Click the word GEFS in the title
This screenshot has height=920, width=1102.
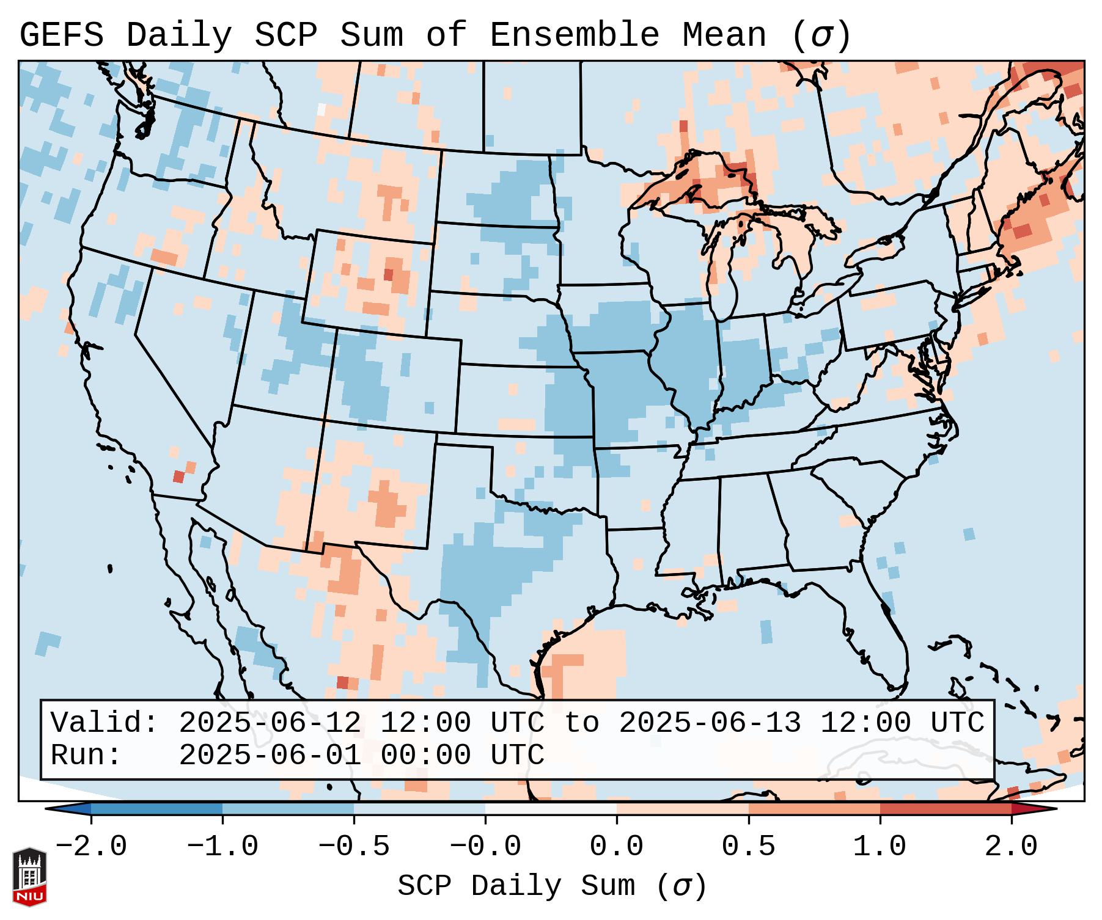click(x=61, y=35)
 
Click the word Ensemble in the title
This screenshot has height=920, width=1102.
click(x=575, y=35)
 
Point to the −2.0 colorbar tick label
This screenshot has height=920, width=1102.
click(x=91, y=847)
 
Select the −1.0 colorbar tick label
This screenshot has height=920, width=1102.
click(x=222, y=847)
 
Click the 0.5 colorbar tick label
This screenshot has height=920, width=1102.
click(x=749, y=847)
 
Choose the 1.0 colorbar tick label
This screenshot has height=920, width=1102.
click(x=880, y=847)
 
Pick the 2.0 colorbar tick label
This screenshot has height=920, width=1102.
click(x=1012, y=847)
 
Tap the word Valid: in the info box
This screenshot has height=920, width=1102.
click(x=105, y=723)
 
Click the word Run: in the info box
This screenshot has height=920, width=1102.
click(x=86, y=755)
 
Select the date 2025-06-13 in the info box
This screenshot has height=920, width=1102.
click(x=710, y=723)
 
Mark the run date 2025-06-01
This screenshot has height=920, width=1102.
click(x=270, y=755)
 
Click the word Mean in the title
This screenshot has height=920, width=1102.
click(x=724, y=35)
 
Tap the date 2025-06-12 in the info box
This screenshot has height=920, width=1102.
click(x=270, y=723)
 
